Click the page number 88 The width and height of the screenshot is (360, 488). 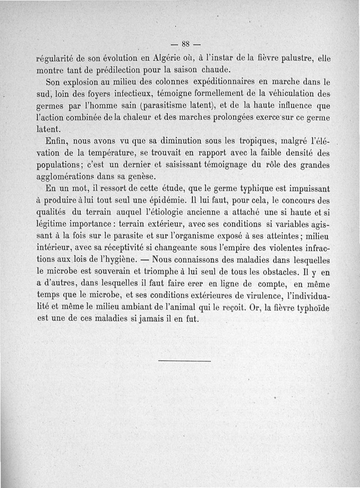point(184,44)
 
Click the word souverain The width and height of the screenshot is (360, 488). point(110,272)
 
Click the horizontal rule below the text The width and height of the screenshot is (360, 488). point(184,361)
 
